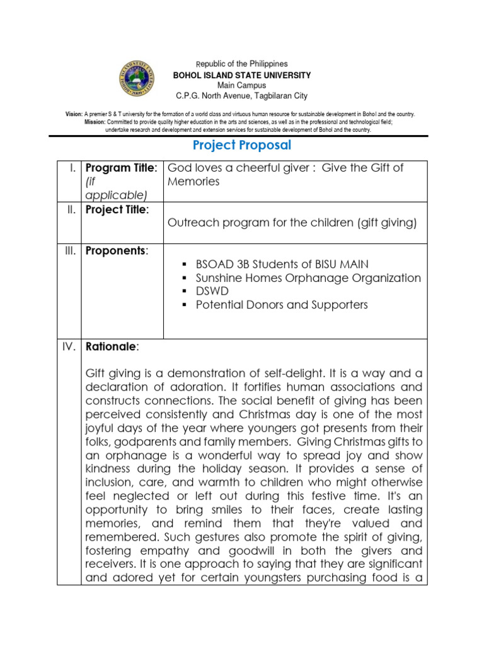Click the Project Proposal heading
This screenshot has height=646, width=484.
click(241, 145)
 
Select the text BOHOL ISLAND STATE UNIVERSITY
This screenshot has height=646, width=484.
click(241, 75)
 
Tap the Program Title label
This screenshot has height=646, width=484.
click(120, 168)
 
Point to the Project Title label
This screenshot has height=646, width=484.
click(117, 209)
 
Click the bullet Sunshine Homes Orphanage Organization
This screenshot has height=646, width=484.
click(308, 278)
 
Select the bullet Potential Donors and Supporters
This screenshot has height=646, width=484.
click(281, 305)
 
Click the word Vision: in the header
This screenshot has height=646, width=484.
click(74, 114)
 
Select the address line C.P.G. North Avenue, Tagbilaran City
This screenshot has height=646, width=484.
click(241, 96)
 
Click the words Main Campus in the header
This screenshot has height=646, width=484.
click(241, 85)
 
